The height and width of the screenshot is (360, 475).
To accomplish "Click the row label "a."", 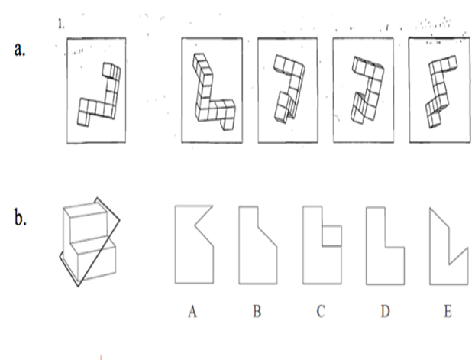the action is [20, 50].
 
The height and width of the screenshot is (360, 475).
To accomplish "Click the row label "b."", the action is [21, 217].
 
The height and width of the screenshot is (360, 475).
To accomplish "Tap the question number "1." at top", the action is [61, 24].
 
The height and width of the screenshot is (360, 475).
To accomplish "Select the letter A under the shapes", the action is [192, 312].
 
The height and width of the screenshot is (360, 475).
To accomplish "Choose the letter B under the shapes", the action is [257, 312].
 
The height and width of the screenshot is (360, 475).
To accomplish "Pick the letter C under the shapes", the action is [321, 312].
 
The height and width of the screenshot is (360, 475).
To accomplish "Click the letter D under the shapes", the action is [385, 312].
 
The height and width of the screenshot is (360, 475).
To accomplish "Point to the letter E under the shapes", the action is [448, 312].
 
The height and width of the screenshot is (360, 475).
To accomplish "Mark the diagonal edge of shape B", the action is [267, 237].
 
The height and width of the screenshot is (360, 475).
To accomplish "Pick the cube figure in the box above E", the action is [438, 91].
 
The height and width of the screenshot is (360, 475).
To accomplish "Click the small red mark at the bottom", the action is [101, 357].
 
